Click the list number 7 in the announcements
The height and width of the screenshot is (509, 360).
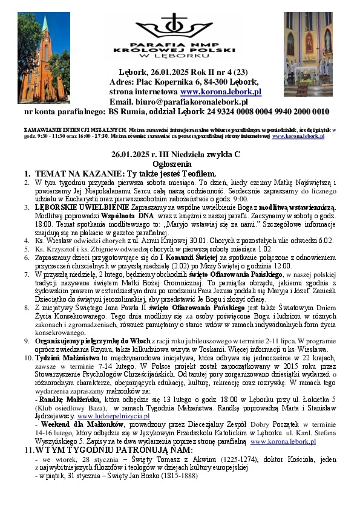[x=27, y=273]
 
